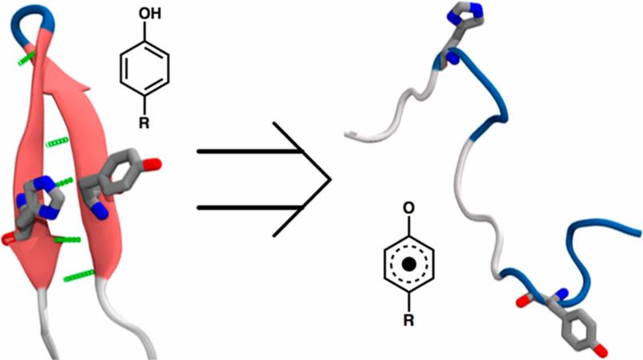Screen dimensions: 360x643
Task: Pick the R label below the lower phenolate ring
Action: point(409,324)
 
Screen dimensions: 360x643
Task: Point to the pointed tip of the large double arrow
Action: point(329,179)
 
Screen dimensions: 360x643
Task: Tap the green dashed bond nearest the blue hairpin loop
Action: point(27,58)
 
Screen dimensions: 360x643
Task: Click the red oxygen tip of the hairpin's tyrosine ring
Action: point(154,165)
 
